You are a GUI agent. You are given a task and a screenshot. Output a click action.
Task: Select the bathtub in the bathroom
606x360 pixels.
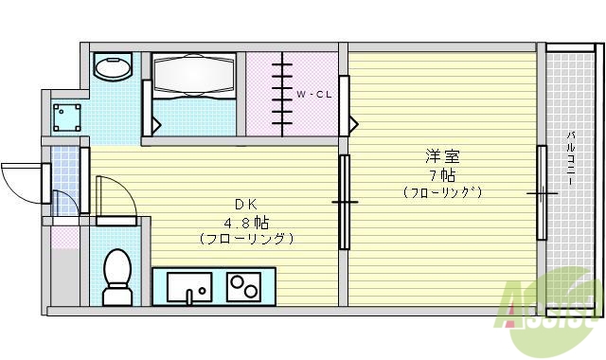click(191, 74)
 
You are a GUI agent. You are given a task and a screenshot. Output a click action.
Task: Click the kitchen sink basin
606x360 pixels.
click(190, 285)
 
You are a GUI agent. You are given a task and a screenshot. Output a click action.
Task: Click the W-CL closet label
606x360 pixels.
click(312, 95)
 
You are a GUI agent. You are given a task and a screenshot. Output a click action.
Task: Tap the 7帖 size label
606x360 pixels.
click(441, 175)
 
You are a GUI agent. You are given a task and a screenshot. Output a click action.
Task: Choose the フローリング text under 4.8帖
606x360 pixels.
click(246, 239)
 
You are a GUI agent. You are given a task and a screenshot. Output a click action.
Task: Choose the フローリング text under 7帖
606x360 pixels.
click(441, 192)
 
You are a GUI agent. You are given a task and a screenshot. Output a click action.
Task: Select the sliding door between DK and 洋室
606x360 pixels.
click(344, 201)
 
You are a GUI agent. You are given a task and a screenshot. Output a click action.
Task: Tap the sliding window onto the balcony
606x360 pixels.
click(543, 192)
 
